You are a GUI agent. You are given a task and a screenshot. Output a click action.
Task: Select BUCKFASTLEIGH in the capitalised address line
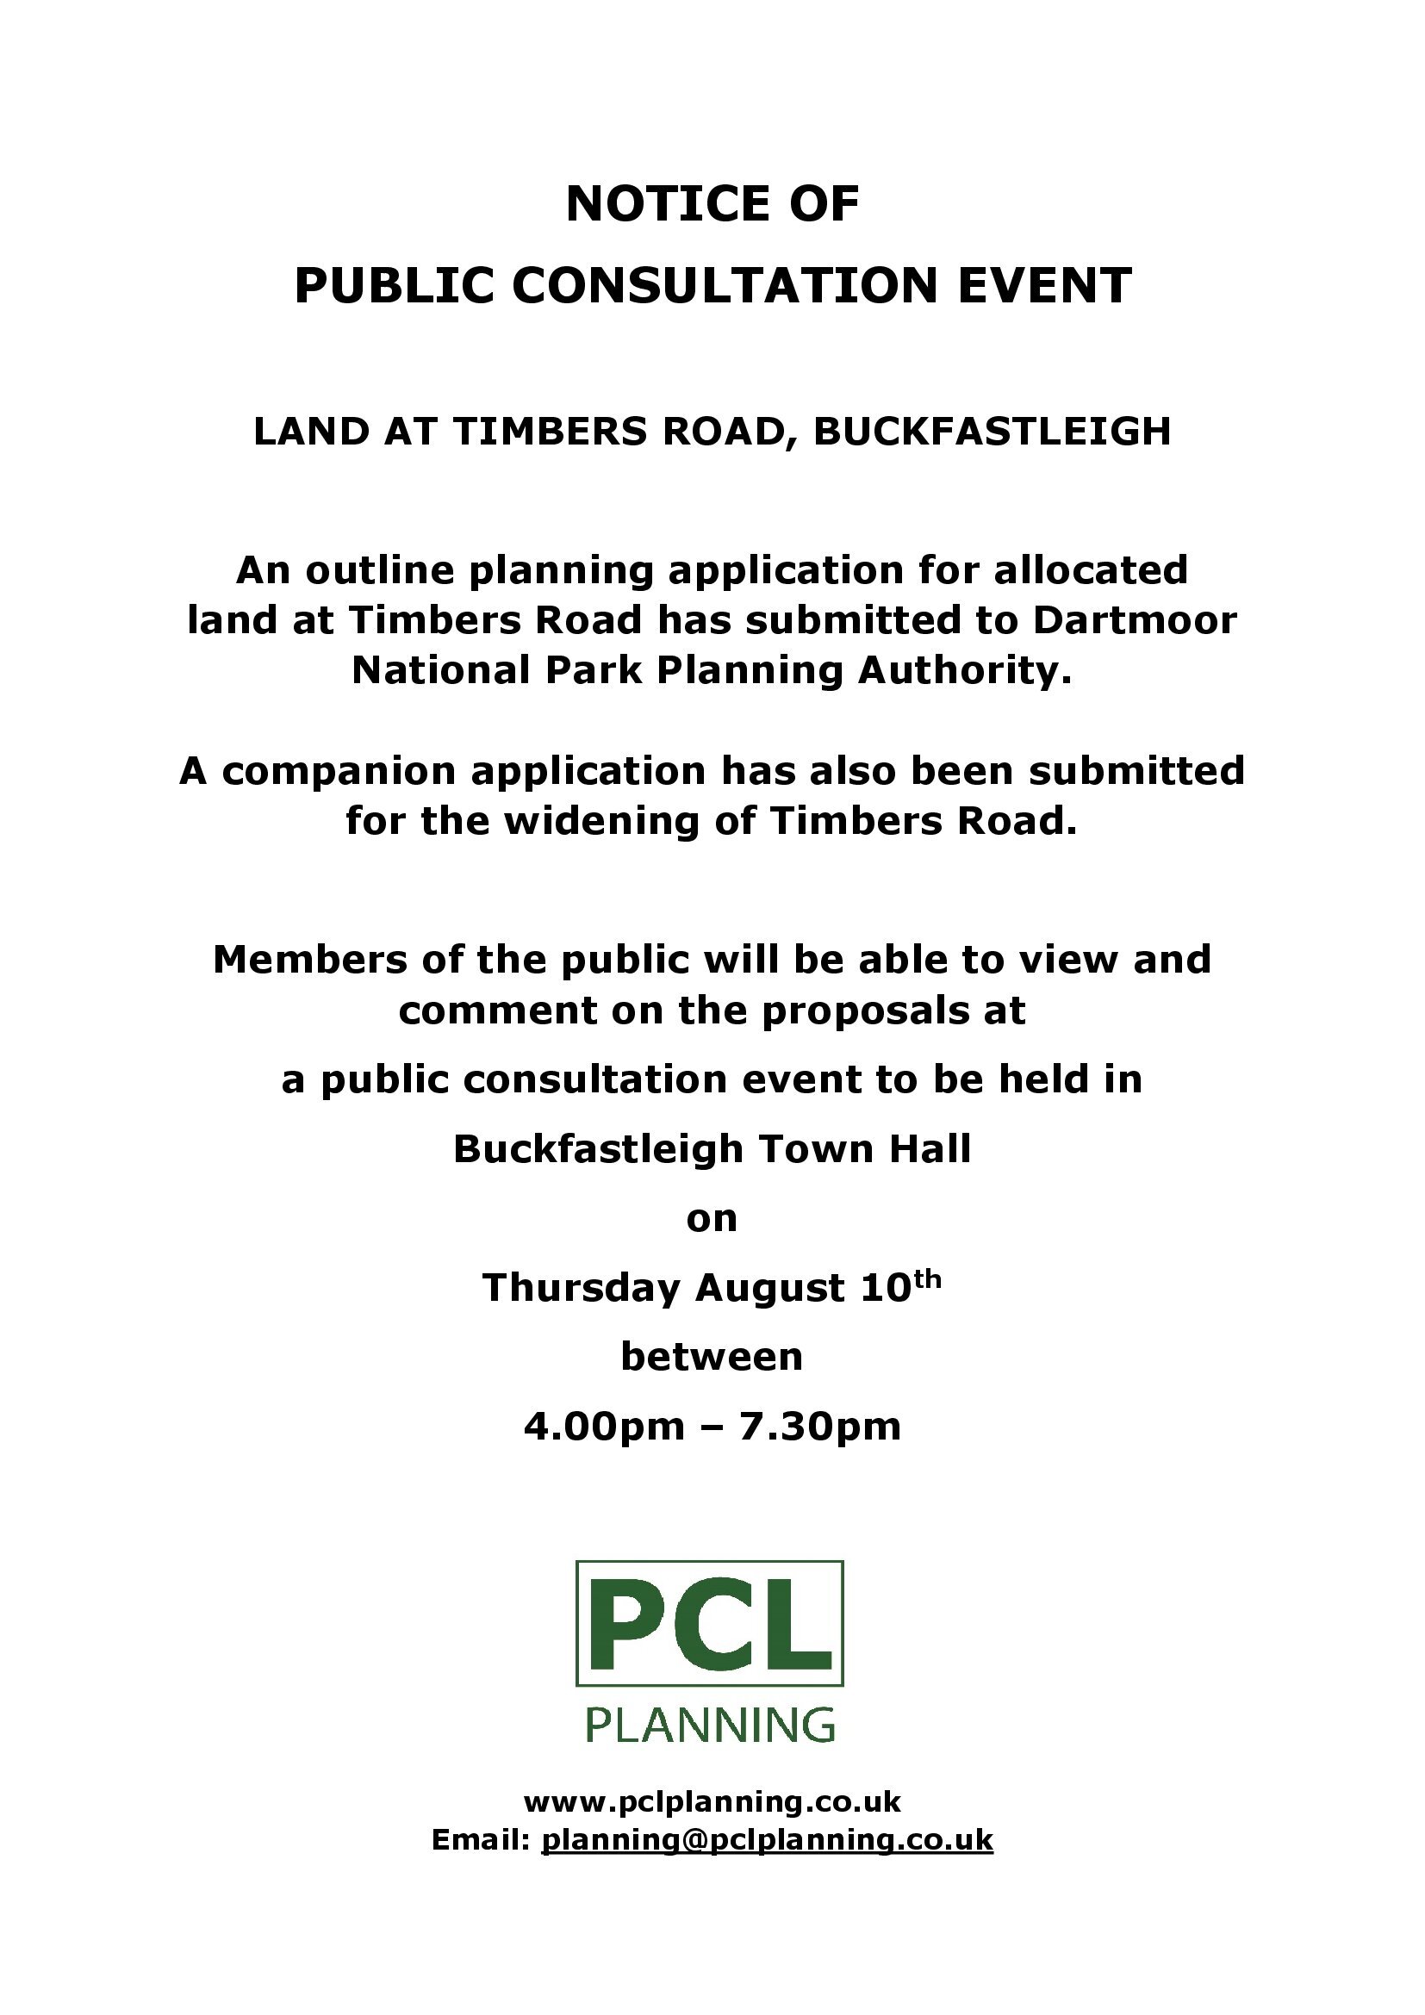[993, 431]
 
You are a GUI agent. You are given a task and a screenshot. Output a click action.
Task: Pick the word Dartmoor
[1134, 620]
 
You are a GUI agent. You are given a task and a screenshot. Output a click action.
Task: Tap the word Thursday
[581, 1287]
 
